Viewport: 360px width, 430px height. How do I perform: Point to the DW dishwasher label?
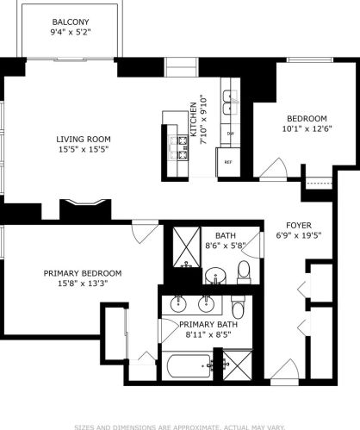point(230,134)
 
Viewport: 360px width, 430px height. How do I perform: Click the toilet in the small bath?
point(243,272)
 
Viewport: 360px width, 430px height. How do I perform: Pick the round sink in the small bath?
point(218,275)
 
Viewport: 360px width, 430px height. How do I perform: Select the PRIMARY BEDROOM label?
point(83,273)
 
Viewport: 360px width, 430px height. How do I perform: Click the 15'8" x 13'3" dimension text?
point(83,284)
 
